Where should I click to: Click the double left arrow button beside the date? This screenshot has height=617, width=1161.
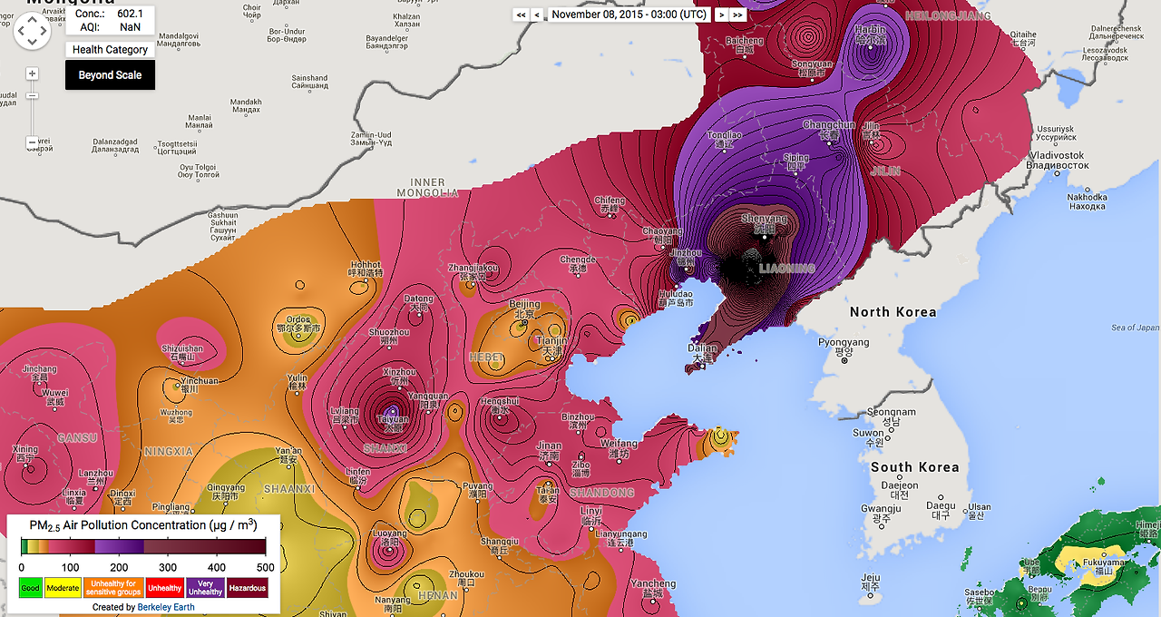point(521,15)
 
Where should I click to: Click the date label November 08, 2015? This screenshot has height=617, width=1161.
point(629,15)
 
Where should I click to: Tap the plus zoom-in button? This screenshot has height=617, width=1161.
point(33,73)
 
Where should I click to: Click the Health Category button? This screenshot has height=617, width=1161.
point(110,50)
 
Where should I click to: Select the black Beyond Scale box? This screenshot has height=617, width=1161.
point(110,75)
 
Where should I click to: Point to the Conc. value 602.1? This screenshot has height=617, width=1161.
point(130,14)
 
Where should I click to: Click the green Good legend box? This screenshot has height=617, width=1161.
point(30,588)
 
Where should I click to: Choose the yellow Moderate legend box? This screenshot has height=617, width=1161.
point(63,588)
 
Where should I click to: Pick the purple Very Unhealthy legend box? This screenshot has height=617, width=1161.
point(205,588)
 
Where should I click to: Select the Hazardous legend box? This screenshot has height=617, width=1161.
point(248,588)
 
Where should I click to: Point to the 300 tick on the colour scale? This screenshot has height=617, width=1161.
point(168,567)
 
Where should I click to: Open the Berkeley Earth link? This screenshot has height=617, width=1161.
point(166,607)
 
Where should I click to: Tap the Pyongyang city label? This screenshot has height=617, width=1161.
point(844,343)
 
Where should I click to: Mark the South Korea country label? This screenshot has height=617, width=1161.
point(914,467)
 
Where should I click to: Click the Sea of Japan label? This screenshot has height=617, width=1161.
point(1135,328)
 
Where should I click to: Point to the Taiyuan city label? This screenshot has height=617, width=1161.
point(393,420)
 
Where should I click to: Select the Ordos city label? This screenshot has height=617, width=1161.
point(299,319)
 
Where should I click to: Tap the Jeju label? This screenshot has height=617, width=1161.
point(871,577)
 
